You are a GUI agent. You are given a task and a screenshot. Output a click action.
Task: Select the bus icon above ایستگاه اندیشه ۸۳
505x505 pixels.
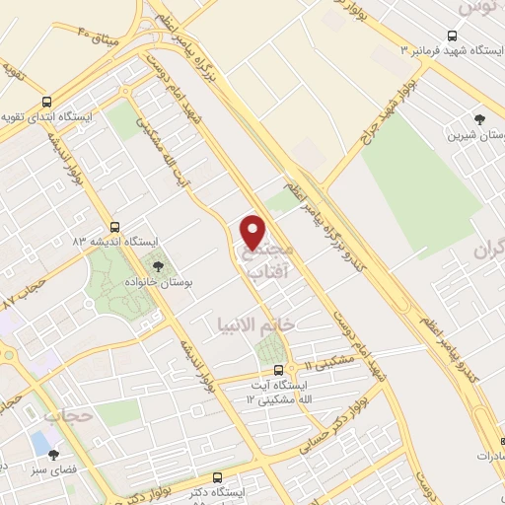[x=116, y=226]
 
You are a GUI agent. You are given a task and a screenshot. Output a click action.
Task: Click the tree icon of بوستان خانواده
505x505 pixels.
[x=157, y=265]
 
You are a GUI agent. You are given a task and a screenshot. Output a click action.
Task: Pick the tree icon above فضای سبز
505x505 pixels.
[x=53, y=456]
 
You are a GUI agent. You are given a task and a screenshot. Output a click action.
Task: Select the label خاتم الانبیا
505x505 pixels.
[x=256, y=325]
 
